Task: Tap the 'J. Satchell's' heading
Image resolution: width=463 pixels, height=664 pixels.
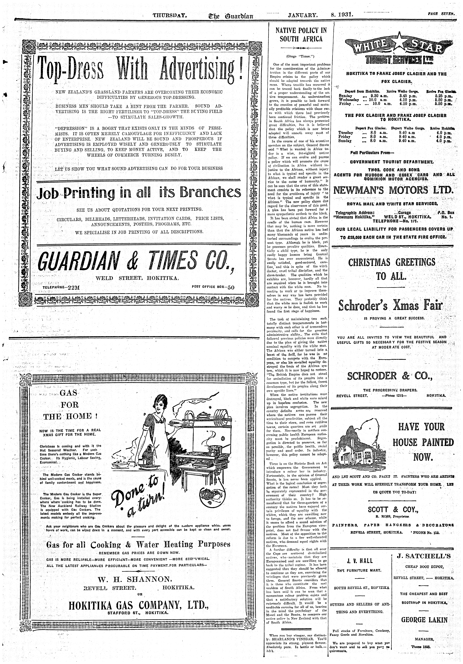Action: (x=424, y=556)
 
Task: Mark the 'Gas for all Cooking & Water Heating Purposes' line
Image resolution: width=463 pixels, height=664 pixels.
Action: (x=138, y=545)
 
